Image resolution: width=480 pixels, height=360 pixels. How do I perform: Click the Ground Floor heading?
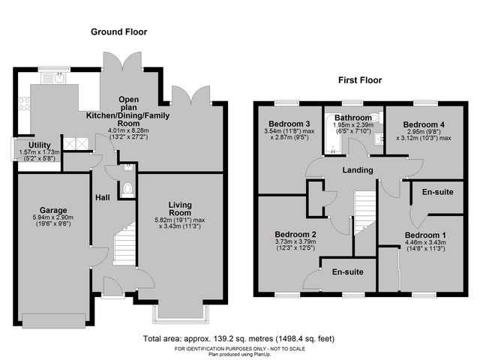pyautogui.click(x=118, y=32)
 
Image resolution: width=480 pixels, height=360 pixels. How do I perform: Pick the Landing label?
pyautogui.click(x=357, y=170)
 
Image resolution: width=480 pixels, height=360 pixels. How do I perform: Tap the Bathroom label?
pyautogui.click(x=353, y=118)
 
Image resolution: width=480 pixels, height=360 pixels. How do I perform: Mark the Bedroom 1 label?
pyautogui.click(x=424, y=234)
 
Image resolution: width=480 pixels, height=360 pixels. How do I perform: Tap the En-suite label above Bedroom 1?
pyautogui.click(x=438, y=193)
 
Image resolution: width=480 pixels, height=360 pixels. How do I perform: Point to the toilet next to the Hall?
pyautogui.click(x=127, y=189)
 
